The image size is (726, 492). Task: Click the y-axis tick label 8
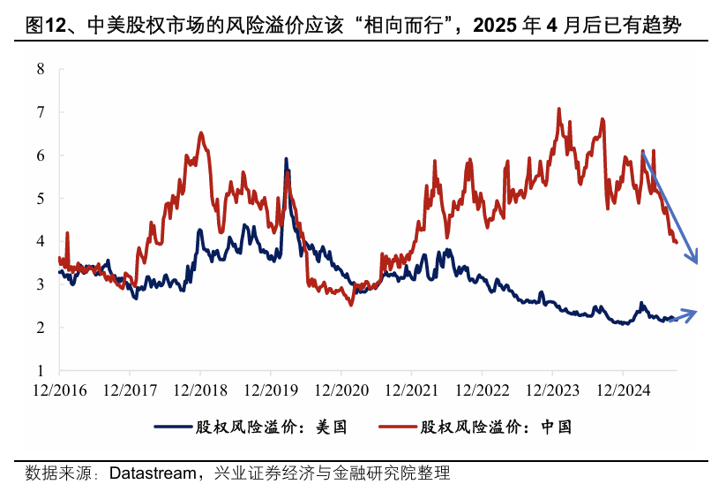[40, 69]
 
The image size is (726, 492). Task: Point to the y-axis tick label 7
[40, 112]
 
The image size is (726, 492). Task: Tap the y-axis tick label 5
[40, 198]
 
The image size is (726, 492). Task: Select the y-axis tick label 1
[40, 370]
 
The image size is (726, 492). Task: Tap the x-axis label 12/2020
[340, 389]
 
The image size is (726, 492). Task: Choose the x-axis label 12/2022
[481, 389]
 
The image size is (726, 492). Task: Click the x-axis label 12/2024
[622, 389]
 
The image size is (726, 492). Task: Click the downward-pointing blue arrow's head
[696, 260]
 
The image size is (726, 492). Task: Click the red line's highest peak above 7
[559, 110]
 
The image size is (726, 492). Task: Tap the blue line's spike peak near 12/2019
[286, 160]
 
